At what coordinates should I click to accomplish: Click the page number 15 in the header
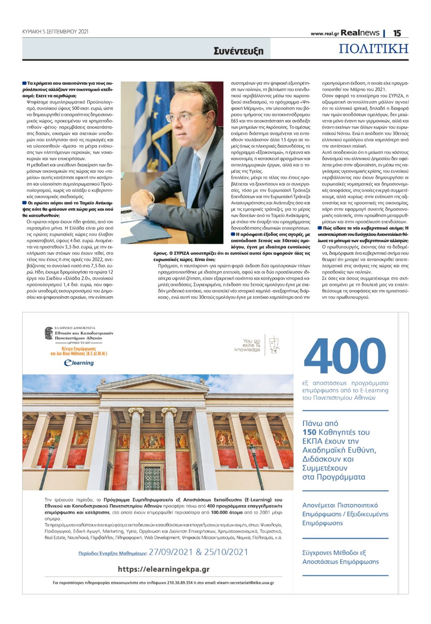tap(397, 33)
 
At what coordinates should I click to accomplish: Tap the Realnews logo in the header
tap(360, 33)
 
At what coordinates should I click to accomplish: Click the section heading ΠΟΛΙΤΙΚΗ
tap(373, 49)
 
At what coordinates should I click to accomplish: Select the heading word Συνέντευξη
tap(238, 51)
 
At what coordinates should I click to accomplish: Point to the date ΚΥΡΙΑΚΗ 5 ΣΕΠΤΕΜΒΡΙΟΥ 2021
tap(55, 32)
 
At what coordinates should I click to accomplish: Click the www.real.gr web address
tap(325, 34)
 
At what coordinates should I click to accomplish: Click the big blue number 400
tap(345, 355)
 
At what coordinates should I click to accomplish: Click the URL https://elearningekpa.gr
tap(163, 569)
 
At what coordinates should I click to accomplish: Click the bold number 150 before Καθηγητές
tap(310, 432)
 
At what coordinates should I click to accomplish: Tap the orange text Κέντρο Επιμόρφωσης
tap(79, 349)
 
